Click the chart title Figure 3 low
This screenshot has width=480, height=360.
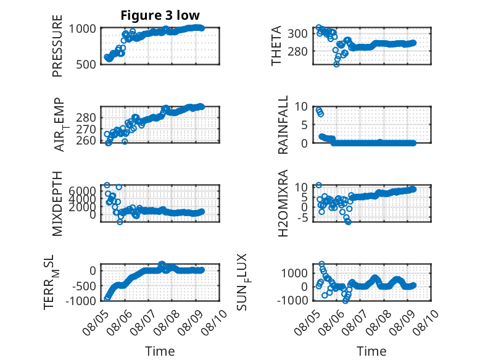tap(160, 15)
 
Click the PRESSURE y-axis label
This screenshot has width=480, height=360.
tap(57, 46)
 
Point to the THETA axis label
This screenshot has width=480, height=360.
tap(276, 46)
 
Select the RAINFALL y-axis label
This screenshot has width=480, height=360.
tap(283, 124)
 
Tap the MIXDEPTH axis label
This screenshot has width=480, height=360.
tap(57, 203)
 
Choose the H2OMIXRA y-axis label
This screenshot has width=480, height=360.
tap(283, 203)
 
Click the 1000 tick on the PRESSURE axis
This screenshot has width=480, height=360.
tap(82, 28)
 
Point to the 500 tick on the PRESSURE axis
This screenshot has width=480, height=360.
tap(86, 64)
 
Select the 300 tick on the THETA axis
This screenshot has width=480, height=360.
tap(297, 33)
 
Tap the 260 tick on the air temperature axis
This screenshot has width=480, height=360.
tap(86, 140)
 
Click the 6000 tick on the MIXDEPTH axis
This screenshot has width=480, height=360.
tap(82, 191)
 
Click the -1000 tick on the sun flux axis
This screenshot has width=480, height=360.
tap(292, 300)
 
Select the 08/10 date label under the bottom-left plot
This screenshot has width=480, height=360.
tap(214, 322)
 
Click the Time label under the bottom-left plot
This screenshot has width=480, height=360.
tap(160, 351)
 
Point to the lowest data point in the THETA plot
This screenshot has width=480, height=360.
tap(336, 64)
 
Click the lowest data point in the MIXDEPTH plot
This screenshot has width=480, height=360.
tap(120, 222)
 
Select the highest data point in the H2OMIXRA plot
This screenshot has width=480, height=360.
tap(319, 185)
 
